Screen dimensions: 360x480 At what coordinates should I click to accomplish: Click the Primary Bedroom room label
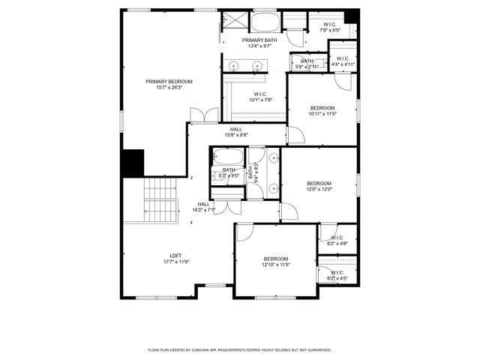169,81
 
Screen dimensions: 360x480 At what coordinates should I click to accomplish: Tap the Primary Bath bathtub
263,22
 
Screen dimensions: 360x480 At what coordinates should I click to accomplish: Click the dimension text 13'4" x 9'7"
256,46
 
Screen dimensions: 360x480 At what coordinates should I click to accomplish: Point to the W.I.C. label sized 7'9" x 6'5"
330,27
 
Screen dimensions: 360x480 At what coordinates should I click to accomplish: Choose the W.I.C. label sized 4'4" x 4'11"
342,61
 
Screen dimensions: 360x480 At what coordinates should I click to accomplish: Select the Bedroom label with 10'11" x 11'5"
323,111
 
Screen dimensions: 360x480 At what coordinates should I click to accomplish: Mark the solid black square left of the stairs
132,163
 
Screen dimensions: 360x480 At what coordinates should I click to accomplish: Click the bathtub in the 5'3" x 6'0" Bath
227,158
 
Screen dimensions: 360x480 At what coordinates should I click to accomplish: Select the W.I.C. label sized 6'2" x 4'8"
337,240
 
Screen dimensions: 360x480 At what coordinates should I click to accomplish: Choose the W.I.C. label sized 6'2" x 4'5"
337,274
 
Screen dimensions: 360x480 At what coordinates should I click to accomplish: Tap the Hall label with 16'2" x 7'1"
204,207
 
